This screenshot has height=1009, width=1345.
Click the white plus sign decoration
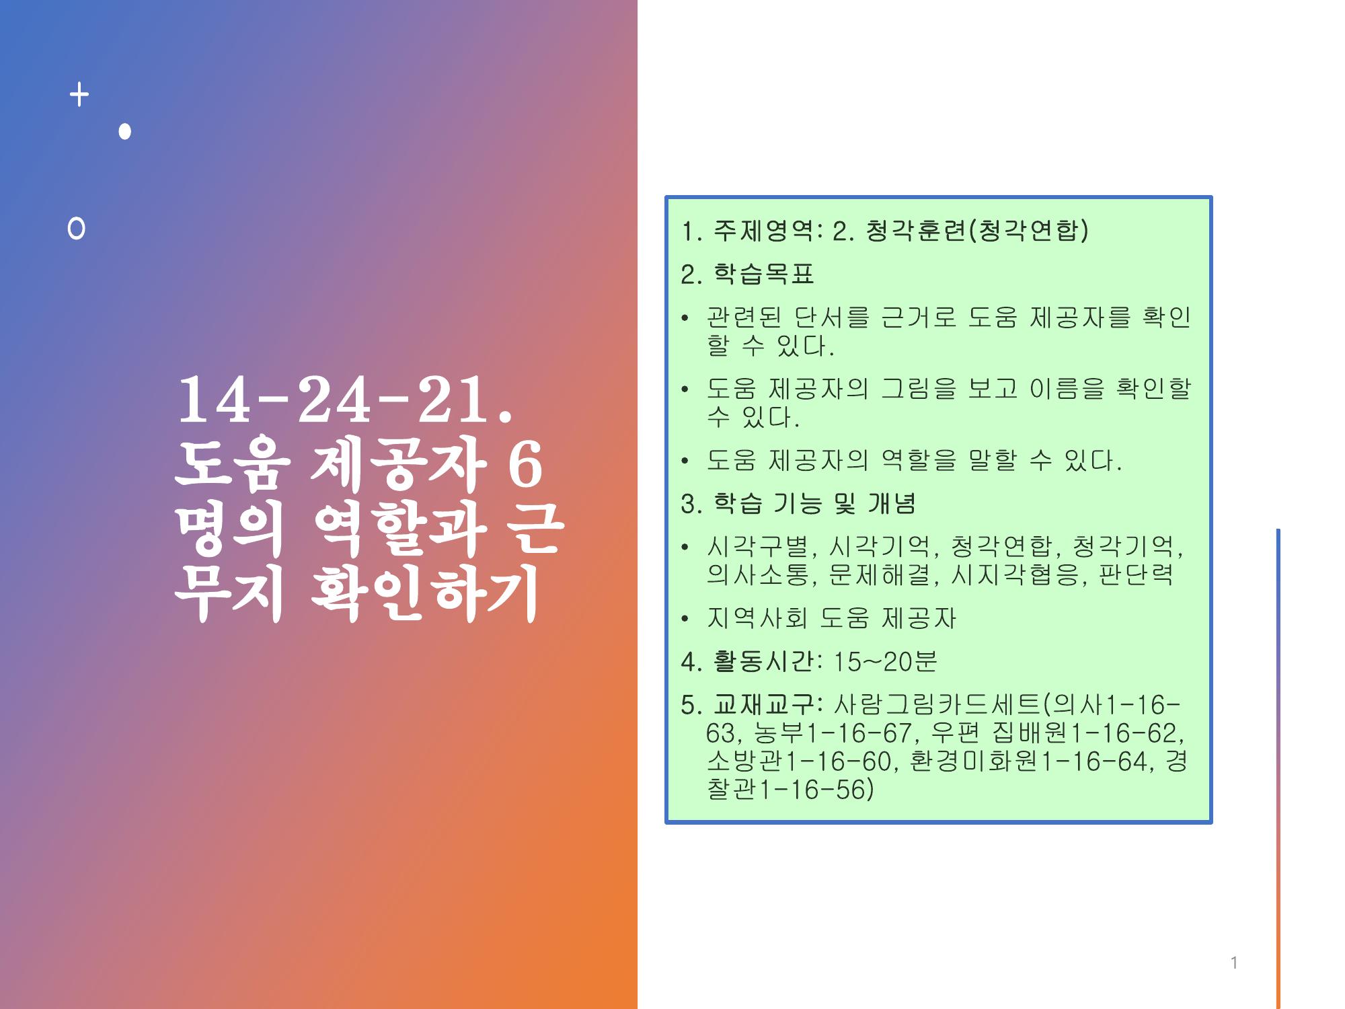pyautogui.click(x=79, y=95)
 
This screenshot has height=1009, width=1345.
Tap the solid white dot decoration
pyautogui.click(x=124, y=131)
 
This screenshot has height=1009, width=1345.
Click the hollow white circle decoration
pyautogui.click(x=77, y=229)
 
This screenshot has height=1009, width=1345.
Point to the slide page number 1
pyautogui.click(x=1234, y=963)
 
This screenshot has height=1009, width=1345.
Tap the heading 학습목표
pyautogui.click(x=764, y=274)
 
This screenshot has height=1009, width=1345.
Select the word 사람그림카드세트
pyautogui.click(x=936, y=704)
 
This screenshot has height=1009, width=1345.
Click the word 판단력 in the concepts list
pyautogui.click(x=1136, y=574)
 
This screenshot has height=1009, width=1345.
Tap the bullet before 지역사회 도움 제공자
pyautogui.click(x=685, y=618)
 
